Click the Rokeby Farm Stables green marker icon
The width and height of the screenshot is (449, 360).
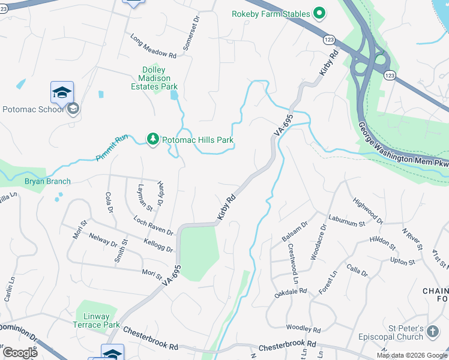[319, 14]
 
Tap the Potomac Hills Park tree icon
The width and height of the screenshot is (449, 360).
[153, 140]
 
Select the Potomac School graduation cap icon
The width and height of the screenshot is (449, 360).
[62, 92]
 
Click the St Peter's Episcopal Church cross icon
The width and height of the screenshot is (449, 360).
[433, 331]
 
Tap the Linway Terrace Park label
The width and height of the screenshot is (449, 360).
[97, 320]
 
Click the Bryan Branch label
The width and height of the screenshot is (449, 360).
[47, 181]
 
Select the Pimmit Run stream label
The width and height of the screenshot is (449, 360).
[112, 148]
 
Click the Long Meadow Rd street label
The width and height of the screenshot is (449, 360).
[154, 47]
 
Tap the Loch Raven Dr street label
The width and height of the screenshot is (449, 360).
[153, 226]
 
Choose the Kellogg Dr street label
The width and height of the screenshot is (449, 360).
[158, 245]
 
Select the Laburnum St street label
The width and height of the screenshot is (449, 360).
[346, 220]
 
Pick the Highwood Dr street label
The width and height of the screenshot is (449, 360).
[367, 210]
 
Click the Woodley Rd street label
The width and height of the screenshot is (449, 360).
[304, 329]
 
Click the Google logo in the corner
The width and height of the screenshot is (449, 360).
[20, 353]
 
